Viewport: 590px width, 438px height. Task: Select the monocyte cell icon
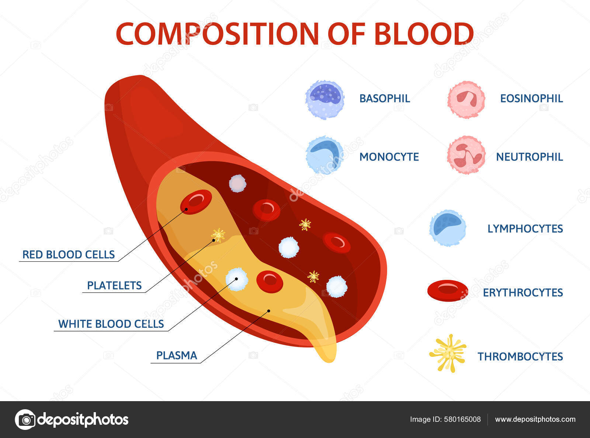[324, 155]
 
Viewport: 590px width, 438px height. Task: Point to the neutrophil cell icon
[466, 155]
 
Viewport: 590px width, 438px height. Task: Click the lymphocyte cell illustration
[447, 228]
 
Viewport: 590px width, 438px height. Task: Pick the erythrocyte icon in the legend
[448, 290]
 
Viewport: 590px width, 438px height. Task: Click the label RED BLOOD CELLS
[69, 254]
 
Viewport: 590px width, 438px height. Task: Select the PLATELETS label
[114, 285]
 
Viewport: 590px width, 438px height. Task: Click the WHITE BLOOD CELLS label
[111, 324]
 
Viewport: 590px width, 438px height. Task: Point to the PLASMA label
[177, 355]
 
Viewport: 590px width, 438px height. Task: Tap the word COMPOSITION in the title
[217, 34]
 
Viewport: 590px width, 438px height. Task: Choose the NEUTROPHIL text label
[529, 157]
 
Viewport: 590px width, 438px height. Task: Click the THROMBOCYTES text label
[520, 357]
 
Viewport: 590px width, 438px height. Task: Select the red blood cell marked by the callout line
[196, 202]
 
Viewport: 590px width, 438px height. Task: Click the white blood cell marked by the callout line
[236, 279]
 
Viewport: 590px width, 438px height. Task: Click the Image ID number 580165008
[464, 419]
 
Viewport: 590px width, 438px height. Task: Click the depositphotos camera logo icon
[25, 419]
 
